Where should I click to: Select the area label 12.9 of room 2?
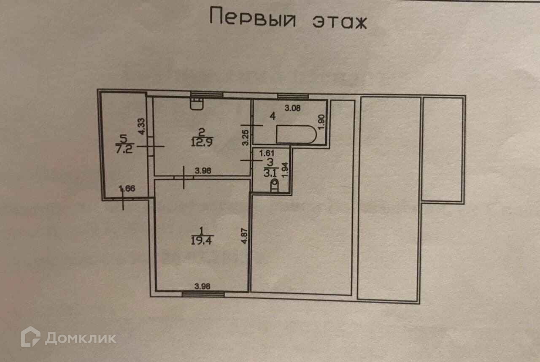[x=201, y=142]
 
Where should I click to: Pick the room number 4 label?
[x=273, y=116]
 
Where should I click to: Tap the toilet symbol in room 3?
[x=275, y=185]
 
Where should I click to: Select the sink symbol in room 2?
[x=196, y=103]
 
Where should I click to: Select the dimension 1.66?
[x=126, y=189]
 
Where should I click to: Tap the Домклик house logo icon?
[x=30, y=337]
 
